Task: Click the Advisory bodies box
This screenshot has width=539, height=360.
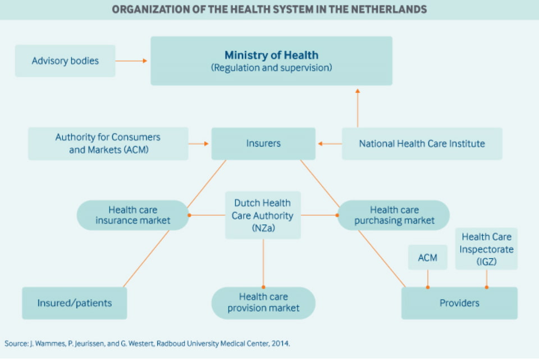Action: [x=65, y=61]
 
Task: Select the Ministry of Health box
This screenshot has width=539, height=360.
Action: [x=271, y=61]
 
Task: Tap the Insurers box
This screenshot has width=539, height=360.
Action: [x=263, y=143]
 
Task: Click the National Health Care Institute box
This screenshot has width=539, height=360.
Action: [x=422, y=143]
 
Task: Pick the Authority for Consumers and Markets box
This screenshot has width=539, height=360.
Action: [x=108, y=143]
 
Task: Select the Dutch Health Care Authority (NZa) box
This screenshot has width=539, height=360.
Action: [x=263, y=215]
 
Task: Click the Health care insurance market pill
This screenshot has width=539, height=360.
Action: [x=133, y=215]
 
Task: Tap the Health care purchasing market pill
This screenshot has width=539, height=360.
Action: [x=394, y=215]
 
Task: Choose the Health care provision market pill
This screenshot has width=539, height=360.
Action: [x=263, y=303]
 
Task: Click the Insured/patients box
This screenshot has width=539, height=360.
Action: [x=75, y=303]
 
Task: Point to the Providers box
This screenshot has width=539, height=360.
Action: [x=459, y=303]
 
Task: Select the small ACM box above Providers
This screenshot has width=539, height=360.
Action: [x=428, y=257]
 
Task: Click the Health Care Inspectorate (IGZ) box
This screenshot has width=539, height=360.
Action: [x=486, y=249]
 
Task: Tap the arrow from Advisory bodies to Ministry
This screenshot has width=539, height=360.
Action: [x=133, y=61]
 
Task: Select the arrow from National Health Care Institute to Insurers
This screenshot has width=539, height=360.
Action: [x=329, y=144]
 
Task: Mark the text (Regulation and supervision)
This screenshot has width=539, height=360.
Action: [x=271, y=68]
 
